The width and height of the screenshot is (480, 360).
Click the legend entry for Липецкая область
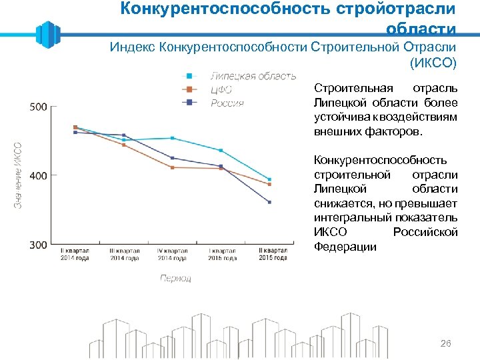pos(253,76)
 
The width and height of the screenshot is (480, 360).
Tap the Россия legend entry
pos(227,103)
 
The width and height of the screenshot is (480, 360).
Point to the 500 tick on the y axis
pos(39,107)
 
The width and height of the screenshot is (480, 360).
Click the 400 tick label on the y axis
pos(39,175)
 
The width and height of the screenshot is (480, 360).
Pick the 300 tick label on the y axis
pos(39,245)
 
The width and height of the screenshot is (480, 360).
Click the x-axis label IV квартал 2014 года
pos(172,255)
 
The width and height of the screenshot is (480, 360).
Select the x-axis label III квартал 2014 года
pos(123,255)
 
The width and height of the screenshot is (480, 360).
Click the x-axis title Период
pos(175,278)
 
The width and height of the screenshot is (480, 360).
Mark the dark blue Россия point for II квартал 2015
pos(269,202)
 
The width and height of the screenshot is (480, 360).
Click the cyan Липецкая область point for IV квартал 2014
pos(172,138)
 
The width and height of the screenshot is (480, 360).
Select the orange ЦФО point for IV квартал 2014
pos(172,167)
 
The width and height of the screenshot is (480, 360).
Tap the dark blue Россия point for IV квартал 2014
pos(172,158)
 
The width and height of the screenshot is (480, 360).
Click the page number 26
pos(446,343)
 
